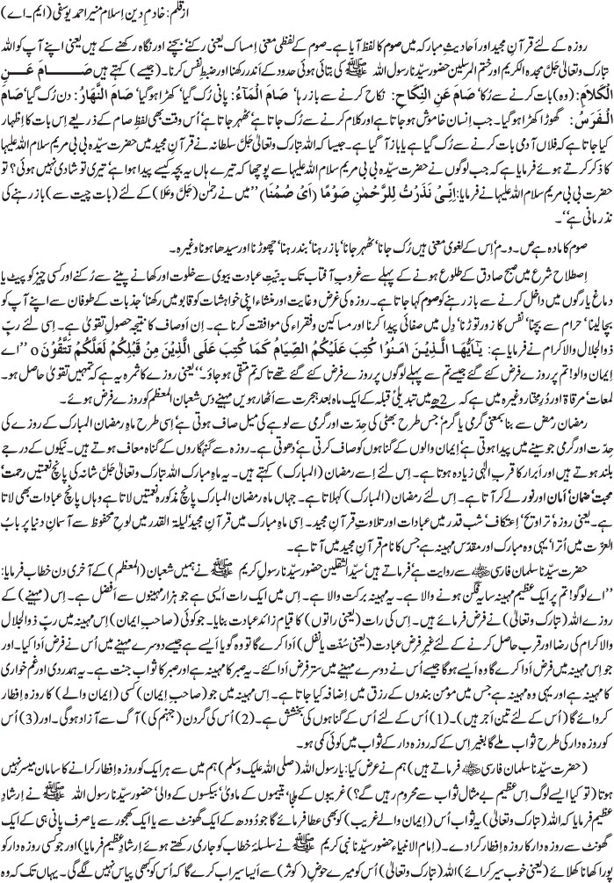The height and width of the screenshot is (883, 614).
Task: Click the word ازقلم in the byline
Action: [595, 13]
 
